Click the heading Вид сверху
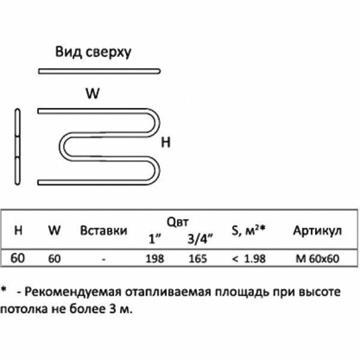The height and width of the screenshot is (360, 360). [x=93, y=52]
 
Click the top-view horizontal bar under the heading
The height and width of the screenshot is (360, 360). [x=100, y=72]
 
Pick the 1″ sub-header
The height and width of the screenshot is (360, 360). [x=155, y=238]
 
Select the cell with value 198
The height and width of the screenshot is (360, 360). [x=155, y=259]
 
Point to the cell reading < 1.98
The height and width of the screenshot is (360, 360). [x=247, y=259]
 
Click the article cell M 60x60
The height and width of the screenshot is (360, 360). [x=317, y=259]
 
